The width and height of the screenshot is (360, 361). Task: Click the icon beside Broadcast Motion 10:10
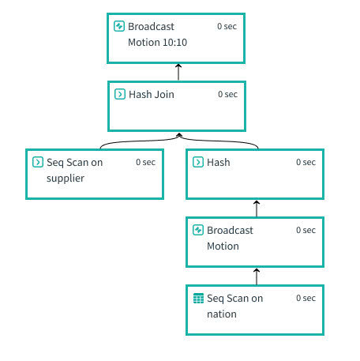tap(119, 26)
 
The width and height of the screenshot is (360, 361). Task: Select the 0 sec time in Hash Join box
tap(227, 94)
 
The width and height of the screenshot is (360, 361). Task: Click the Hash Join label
tap(152, 94)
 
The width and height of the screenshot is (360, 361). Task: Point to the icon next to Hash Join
tap(120, 94)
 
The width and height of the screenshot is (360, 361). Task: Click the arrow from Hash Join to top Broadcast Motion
tap(178, 72)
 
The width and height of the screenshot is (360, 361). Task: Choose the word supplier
tap(66, 179)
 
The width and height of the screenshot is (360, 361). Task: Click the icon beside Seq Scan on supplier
tap(38, 162)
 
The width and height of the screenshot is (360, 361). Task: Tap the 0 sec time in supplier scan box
tap(145, 162)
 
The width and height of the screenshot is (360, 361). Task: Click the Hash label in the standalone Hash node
tap(219, 162)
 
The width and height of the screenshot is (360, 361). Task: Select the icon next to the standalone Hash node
tap(198, 162)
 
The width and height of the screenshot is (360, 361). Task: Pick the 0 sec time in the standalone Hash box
tap(306, 162)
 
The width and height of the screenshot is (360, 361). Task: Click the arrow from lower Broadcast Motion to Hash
tap(257, 209)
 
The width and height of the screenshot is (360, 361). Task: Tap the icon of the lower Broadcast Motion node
tap(198, 230)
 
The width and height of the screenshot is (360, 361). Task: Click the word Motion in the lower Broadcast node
tap(223, 246)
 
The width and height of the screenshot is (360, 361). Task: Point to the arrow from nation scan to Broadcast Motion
tap(257, 276)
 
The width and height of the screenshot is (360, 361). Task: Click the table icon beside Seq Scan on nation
tap(198, 298)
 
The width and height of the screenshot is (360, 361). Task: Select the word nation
tap(222, 314)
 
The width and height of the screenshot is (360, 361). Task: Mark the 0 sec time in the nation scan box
tap(306, 298)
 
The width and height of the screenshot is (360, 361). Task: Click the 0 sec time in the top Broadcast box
tap(227, 26)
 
